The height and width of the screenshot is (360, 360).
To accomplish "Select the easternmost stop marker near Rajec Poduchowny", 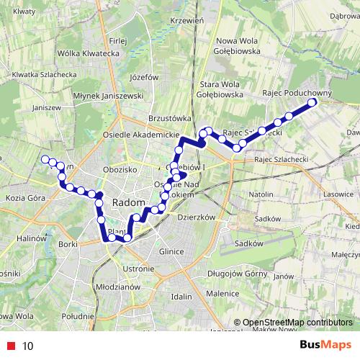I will pos(312,103).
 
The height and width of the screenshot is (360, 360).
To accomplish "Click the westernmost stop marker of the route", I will pos(45,159).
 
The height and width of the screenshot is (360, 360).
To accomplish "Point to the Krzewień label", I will pos(186,20).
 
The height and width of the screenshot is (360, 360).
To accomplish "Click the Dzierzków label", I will pos(197,216).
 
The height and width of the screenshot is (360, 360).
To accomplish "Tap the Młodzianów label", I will pos(117,286).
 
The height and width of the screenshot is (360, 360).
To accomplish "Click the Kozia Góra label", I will pos(25,197).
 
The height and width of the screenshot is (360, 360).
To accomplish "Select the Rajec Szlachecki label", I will pos(282,159).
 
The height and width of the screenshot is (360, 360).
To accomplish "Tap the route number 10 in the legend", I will pos(28,345).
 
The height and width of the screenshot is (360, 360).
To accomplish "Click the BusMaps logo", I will pos(325,344).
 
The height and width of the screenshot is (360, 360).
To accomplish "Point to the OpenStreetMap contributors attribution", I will pos(297,323).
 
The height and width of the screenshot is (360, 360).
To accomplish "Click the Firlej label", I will pos(117,40).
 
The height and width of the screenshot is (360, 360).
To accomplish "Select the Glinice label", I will pos(173,251).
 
